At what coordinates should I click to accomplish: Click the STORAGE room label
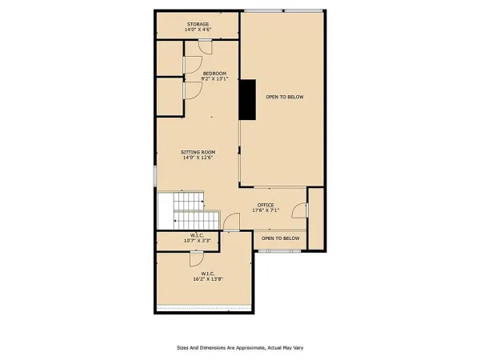pyautogui.click(x=198, y=24)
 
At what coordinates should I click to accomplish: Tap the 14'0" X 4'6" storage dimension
pyautogui.click(x=198, y=30)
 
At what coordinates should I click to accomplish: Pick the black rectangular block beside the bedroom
pyautogui.click(x=247, y=100)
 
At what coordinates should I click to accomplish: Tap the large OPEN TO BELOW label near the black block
pyautogui.click(x=286, y=97)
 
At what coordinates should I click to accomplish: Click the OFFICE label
pyautogui.click(x=266, y=205)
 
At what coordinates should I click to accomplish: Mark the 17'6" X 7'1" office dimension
pyautogui.click(x=266, y=211)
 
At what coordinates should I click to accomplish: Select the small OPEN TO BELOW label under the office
pyautogui.click(x=281, y=238)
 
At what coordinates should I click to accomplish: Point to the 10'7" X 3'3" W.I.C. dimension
pyautogui.click(x=197, y=241)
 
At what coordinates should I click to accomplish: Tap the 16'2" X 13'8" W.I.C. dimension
pyautogui.click(x=206, y=279)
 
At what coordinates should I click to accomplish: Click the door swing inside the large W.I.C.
pyautogui.click(x=194, y=258)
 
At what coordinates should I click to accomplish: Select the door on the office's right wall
pyautogui.click(x=300, y=210)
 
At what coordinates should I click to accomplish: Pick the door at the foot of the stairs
pyautogui.click(x=230, y=222)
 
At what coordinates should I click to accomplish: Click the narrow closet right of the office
pyautogui.click(x=316, y=218)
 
